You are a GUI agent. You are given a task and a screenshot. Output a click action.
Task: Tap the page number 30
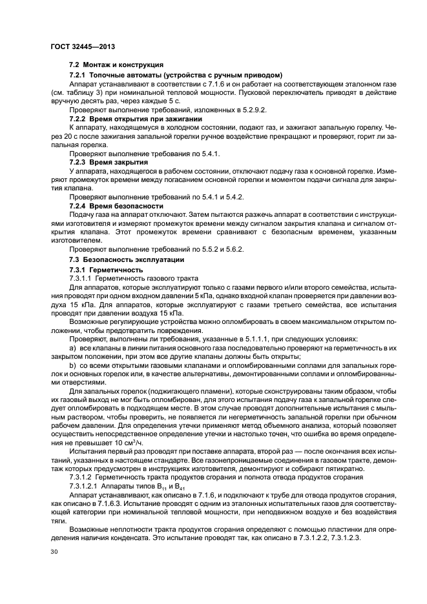[54, 552]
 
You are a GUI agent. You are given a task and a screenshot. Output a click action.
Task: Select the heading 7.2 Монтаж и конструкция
[116, 66]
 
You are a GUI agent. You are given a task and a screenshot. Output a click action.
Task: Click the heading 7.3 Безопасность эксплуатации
[126, 259]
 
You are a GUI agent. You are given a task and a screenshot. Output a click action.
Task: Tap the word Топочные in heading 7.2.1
[107, 75]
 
